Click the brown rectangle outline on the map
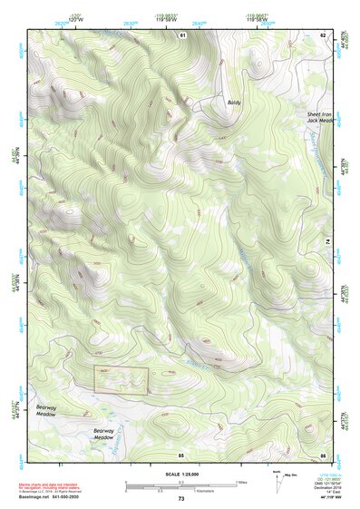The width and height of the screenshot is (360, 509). tap(121, 380)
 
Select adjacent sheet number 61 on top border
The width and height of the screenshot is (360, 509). tap(182, 34)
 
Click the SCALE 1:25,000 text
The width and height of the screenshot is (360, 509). tap(181, 475)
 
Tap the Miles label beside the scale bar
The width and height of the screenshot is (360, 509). tap(242, 481)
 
